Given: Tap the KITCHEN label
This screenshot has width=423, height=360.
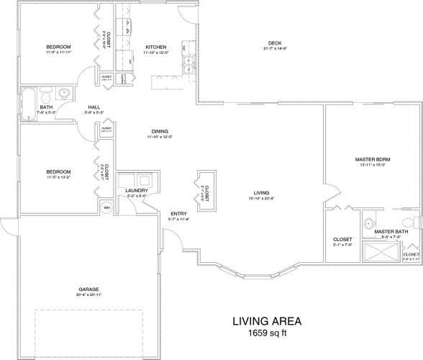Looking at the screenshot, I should click(x=156, y=47).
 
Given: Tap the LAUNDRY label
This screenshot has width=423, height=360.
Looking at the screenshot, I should click(x=136, y=190).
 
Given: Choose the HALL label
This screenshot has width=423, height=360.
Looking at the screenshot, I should click(x=94, y=106).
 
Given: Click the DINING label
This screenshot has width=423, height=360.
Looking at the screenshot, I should click(x=160, y=130).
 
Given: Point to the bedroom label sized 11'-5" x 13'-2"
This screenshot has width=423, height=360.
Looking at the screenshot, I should click(x=58, y=171).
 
